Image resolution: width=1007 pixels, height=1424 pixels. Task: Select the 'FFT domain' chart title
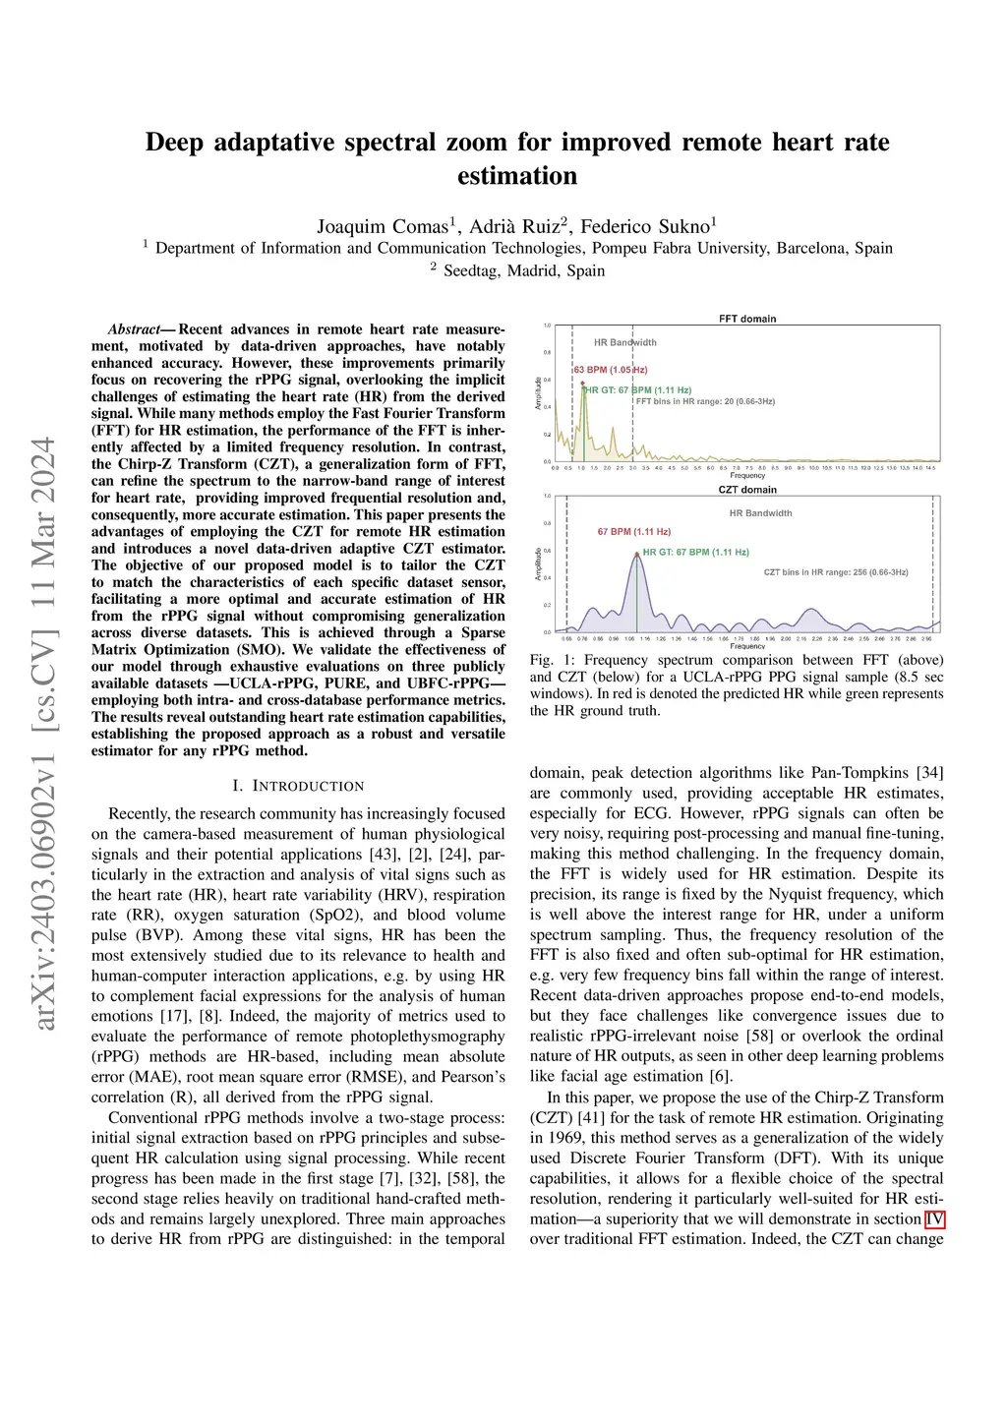747,319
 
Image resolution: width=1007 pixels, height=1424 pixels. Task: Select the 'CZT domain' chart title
747,490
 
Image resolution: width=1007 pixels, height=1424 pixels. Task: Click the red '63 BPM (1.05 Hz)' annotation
611,370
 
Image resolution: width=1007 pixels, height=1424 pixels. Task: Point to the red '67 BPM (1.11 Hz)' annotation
634,532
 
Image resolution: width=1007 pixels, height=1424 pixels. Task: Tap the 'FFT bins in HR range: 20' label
705,401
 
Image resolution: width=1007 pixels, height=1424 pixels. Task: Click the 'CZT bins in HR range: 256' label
836,572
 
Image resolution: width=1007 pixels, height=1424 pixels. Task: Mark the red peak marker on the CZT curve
637,555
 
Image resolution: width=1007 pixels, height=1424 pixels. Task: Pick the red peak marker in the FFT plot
582,384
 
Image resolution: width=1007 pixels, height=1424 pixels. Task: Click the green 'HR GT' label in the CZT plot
696,553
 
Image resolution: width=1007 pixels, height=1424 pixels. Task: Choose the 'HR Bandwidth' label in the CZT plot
760,513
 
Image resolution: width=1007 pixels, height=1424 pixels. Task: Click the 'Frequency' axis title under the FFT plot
747,476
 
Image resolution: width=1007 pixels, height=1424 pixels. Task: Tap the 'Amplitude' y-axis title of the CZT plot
538,564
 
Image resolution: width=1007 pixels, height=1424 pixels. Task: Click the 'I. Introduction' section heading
298,786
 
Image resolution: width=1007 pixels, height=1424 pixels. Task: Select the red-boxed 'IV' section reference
934,1219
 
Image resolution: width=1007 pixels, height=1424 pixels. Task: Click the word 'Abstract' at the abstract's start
134,329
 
